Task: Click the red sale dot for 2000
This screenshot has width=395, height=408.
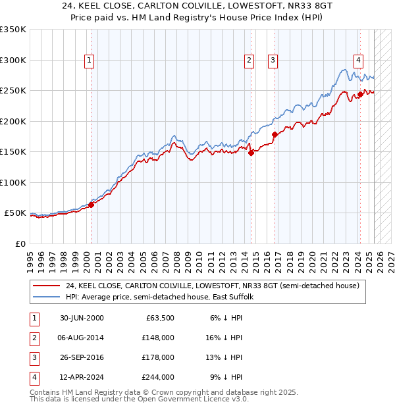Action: tap(91, 205)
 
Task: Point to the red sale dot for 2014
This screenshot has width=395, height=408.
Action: tap(251, 153)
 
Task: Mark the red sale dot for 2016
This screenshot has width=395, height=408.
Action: tap(274, 135)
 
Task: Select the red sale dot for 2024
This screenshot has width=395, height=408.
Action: tap(360, 95)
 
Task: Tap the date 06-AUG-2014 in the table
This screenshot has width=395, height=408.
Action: tap(82, 338)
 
